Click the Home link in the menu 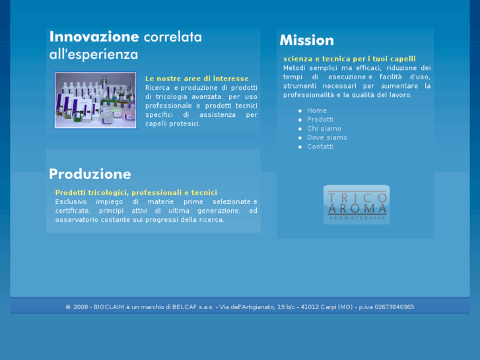(317, 111)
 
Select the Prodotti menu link (320, 120)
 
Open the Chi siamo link (324, 129)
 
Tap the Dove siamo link (327, 137)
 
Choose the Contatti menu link (320, 147)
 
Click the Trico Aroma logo (356, 204)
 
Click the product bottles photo (95, 100)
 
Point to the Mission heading (307, 40)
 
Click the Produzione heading (90, 174)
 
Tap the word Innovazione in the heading (94, 37)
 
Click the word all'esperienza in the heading (93, 54)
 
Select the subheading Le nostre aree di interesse (197, 79)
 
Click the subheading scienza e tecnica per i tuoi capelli (349, 59)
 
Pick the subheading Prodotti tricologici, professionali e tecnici (136, 192)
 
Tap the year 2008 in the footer (81, 307)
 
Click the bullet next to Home (300, 111)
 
